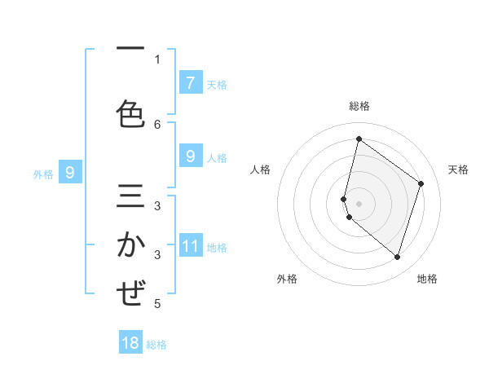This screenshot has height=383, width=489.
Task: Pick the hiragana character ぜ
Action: coord(130,293)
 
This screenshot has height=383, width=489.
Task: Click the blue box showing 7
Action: coord(190,82)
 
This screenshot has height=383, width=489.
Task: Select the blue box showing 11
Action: coord(190,247)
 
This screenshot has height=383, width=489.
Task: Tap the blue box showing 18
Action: coord(130,343)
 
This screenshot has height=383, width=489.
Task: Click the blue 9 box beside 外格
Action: coord(70,173)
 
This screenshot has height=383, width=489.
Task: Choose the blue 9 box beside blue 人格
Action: coord(190,156)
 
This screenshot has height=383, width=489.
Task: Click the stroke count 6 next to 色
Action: coord(157,124)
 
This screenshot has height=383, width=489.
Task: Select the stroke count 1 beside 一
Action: coord(157,59)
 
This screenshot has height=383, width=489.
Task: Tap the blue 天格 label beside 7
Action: coord(217,84)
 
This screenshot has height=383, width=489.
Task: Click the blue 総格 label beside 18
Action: coord(156,345)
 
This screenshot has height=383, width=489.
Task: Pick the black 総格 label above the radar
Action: coord(359,106)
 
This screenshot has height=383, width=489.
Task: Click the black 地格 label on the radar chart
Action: coord(427,279)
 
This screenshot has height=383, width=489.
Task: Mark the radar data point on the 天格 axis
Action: coord(421,183)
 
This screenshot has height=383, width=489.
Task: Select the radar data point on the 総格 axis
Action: coord(359,139)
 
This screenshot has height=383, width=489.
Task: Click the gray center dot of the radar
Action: coord(359,203)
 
